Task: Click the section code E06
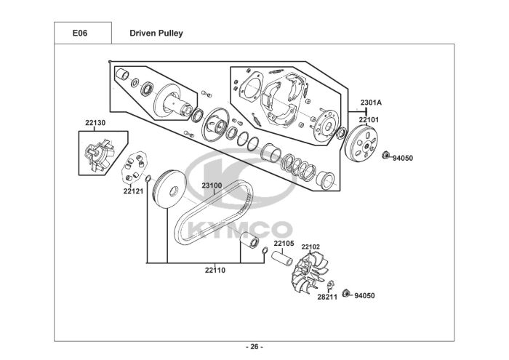pyautogui.click(x=80, y=33)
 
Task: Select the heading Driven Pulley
pyautogui.click(x=156, y=33)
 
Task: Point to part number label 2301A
pyautogui.click(x=371, y=103)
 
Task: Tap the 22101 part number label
pyautogui.click(x=369, y=120)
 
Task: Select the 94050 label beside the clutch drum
pyautogui.click(x=403, y=159)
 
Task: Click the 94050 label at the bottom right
pyautogui.click(x=364, y=296)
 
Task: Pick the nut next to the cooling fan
pyautogui.click(x=346, y=293)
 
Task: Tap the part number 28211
pyautogui.click(x=327, y=297)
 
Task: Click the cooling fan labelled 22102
pyautogui.click(x=310, y=272)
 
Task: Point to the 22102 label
pyautogui.click(x=310, y=247)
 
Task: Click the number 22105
pyautogui.click(x=284, y=244)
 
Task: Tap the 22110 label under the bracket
pyautogui.click(x=215, y=270)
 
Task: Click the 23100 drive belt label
pyautogui.click(x=212, y=185)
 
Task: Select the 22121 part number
pyautogui.click(x=133, y=191)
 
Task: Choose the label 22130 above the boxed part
pyautogui.click(x=95, y=123)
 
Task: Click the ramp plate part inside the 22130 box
pyautogui.click(x=100, y=154)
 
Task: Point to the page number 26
pyautogui.click(x=254, y=347)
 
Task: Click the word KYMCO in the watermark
pyautogui.click(x=240, y=230)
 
